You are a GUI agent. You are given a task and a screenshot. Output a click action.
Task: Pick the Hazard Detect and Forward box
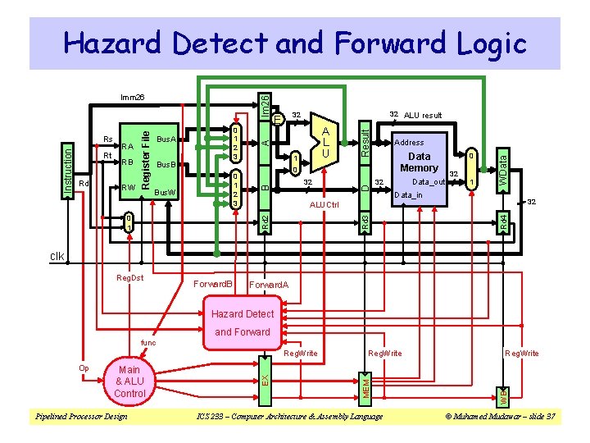click(x=242, y=323)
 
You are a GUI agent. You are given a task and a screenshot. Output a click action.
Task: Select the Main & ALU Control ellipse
click(x=129, y=382)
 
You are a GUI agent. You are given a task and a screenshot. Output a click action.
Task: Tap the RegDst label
click(x=130, y=278)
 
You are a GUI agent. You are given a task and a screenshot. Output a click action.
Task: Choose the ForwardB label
click(x=213, y=285)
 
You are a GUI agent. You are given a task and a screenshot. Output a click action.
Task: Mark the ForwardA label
click(x=269, y=285)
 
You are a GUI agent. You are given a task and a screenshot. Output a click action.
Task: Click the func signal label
click(x=148, y=342)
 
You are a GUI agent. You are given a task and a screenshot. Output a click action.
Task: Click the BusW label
click(x=166, y=192)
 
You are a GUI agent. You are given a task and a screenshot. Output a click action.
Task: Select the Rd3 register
click(x=365, y=221)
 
